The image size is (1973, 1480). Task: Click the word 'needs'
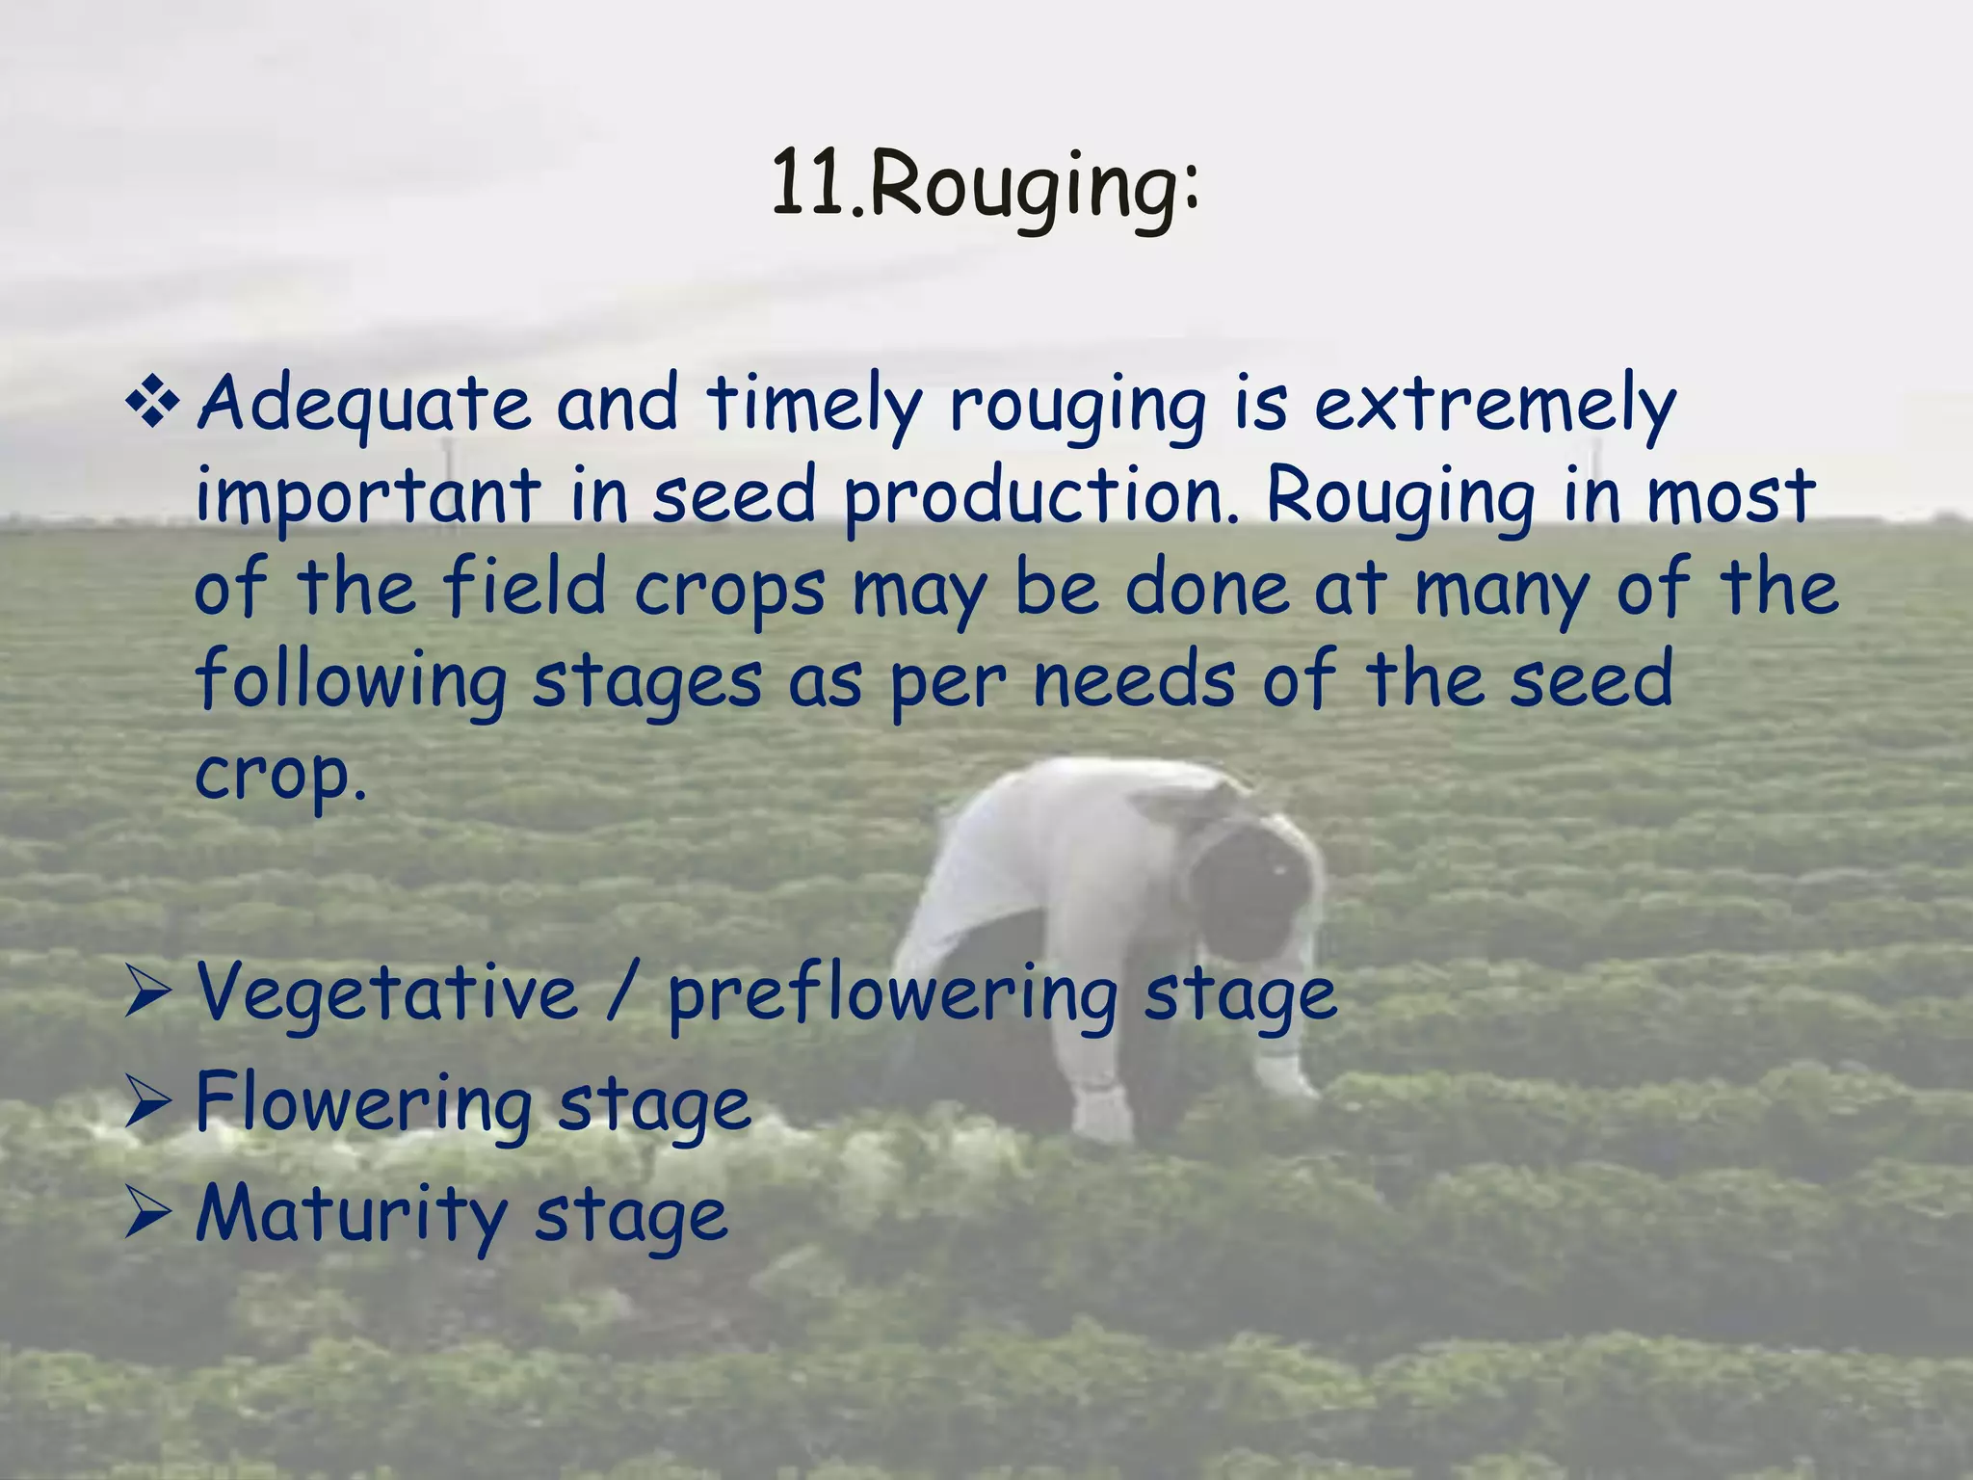point(1134,680)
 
